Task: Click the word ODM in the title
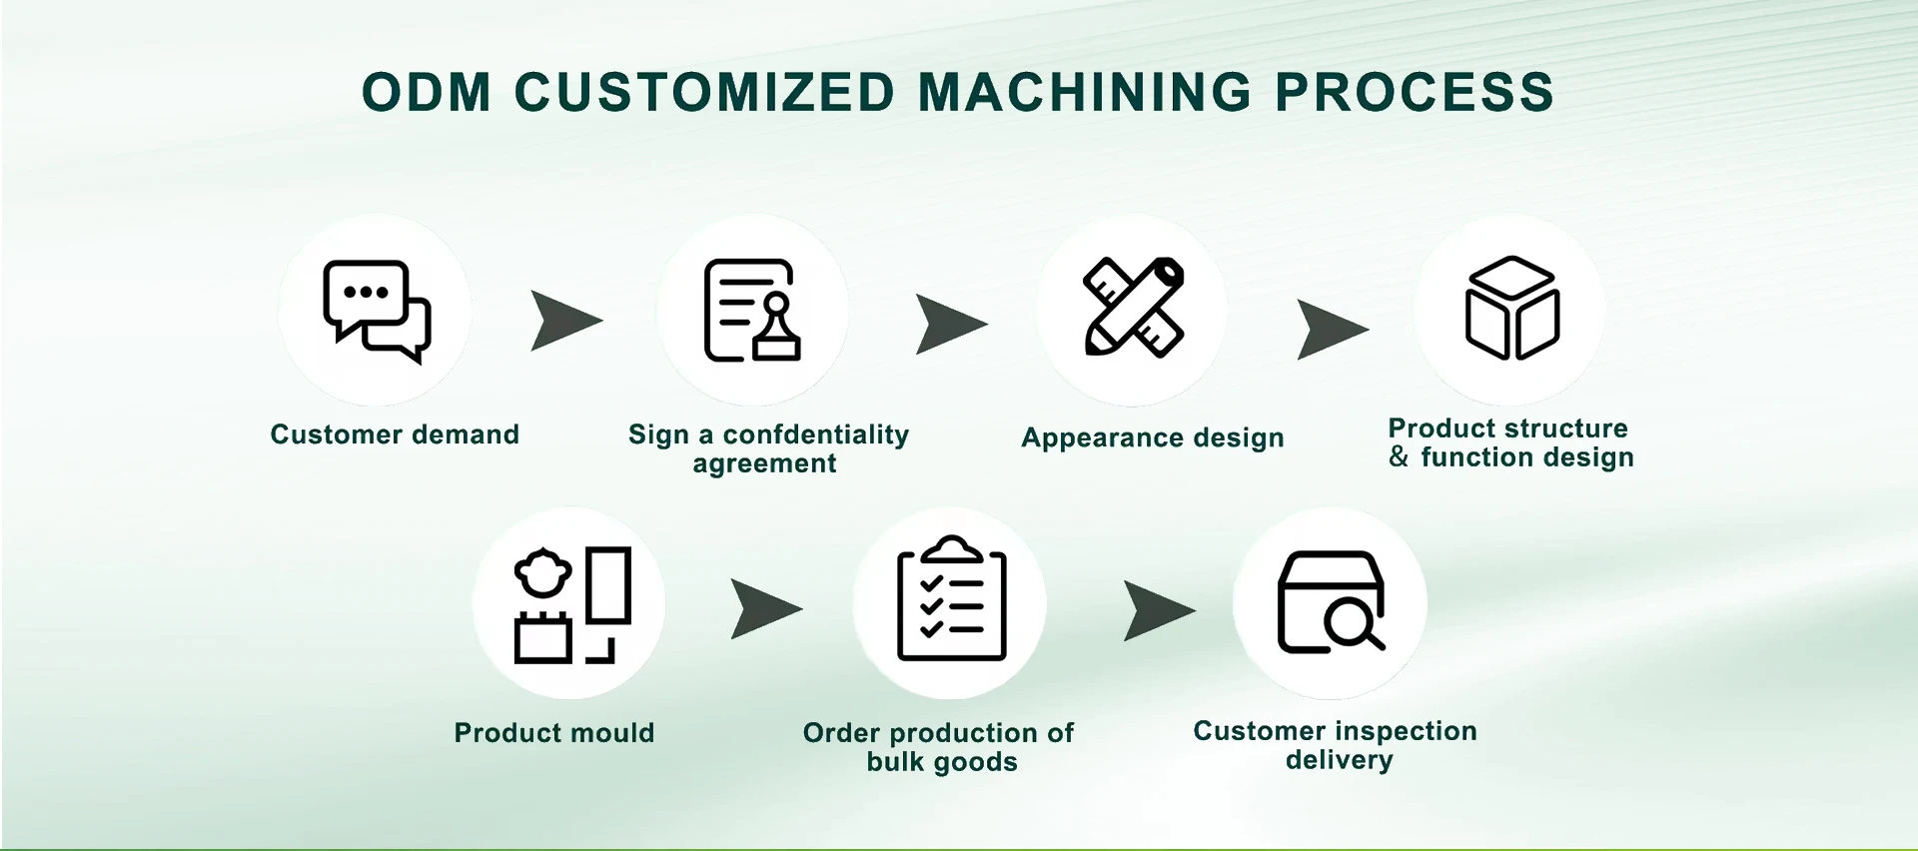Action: point(427,93)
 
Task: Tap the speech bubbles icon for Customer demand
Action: point(376,311)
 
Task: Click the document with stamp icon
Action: point(752,311)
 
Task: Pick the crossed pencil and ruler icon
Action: point(1133,308)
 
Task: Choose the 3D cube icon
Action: point(1510,308)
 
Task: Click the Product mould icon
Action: point(570,604)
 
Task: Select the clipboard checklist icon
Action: point(951,600)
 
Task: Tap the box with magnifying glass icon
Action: point(1331,602)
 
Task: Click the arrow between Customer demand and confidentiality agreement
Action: point(564,321)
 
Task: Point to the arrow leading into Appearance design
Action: point(950,325)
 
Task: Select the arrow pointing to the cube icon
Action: point(1331,329)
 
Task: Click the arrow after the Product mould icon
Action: point(764,608)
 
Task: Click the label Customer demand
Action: point(395,434)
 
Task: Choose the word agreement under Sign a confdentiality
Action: point(764,463)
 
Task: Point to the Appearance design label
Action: point(1152,437)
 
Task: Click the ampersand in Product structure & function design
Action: point(1399,457)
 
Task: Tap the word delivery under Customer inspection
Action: point(1339,760)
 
